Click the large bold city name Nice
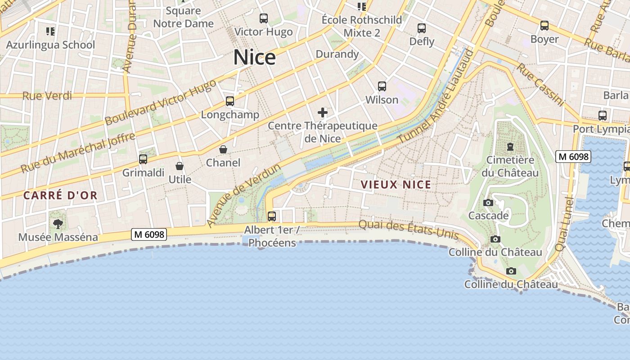pos(254,58)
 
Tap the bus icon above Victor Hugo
pos(264,18)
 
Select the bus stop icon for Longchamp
pos(230,101)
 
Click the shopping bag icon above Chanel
pos(223,149)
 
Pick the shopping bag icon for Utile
pos(180,166)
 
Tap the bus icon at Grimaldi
pos(143,159)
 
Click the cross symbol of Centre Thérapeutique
pos(323,112)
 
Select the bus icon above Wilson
pos(382,86)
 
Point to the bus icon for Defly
pos(422,28)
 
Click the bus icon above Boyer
pos(544,26)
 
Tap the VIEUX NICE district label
pos(396,184)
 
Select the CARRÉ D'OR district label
pos(60,195)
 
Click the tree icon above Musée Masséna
pos(58,224)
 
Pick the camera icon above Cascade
pos(488,203)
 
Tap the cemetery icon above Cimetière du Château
pos(510,147)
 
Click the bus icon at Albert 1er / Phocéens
pos(272,216)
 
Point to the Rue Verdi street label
pos(47,95)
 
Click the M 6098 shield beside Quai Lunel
pos(573,157)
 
